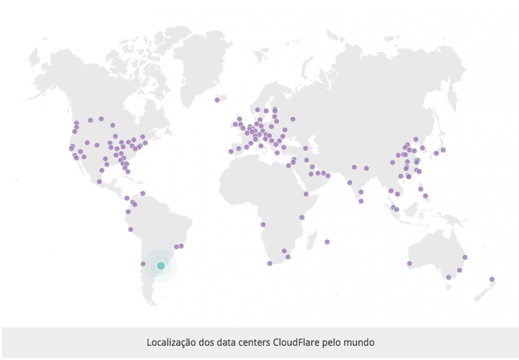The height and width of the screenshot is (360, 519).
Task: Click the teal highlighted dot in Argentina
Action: tap(160, 266)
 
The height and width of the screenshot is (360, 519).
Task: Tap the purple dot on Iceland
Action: tap(217, 100)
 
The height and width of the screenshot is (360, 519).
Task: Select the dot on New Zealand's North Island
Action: tap(491, 279)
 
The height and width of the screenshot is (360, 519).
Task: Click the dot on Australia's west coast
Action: tap(410, 263)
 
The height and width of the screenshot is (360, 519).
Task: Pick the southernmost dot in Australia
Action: tap(448, 287)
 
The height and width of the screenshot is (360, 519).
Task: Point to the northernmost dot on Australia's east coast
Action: tap(465, 257)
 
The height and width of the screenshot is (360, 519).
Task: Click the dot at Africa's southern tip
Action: tap(270, 263)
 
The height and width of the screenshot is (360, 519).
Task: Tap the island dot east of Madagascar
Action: tap(327, 241)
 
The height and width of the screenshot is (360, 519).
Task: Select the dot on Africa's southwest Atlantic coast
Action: tap(263, 225)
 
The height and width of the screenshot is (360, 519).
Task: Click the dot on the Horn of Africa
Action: tap(306, 193)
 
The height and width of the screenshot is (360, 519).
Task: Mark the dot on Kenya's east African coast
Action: tap(302, 217)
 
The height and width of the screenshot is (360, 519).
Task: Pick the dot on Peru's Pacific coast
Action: tap(131, 229)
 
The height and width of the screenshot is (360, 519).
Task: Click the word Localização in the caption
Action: tap(172, 342)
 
